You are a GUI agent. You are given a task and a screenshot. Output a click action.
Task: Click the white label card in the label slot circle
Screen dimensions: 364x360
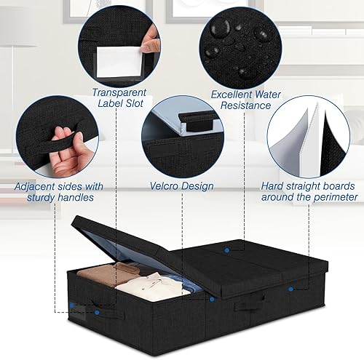119,62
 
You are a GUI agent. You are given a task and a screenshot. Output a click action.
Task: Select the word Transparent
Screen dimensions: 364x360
119,92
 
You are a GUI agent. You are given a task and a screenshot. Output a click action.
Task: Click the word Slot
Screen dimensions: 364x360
134,103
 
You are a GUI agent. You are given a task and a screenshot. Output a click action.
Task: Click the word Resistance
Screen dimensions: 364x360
245,105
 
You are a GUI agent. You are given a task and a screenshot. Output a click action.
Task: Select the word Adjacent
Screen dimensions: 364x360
34,186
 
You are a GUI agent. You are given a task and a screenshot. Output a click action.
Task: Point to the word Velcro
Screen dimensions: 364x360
164,186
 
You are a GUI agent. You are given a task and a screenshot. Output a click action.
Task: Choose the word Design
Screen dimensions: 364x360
197,186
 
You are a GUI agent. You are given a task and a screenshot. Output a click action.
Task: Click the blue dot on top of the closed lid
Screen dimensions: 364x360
227,250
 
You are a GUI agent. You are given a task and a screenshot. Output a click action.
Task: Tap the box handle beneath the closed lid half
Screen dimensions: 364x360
249,303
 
